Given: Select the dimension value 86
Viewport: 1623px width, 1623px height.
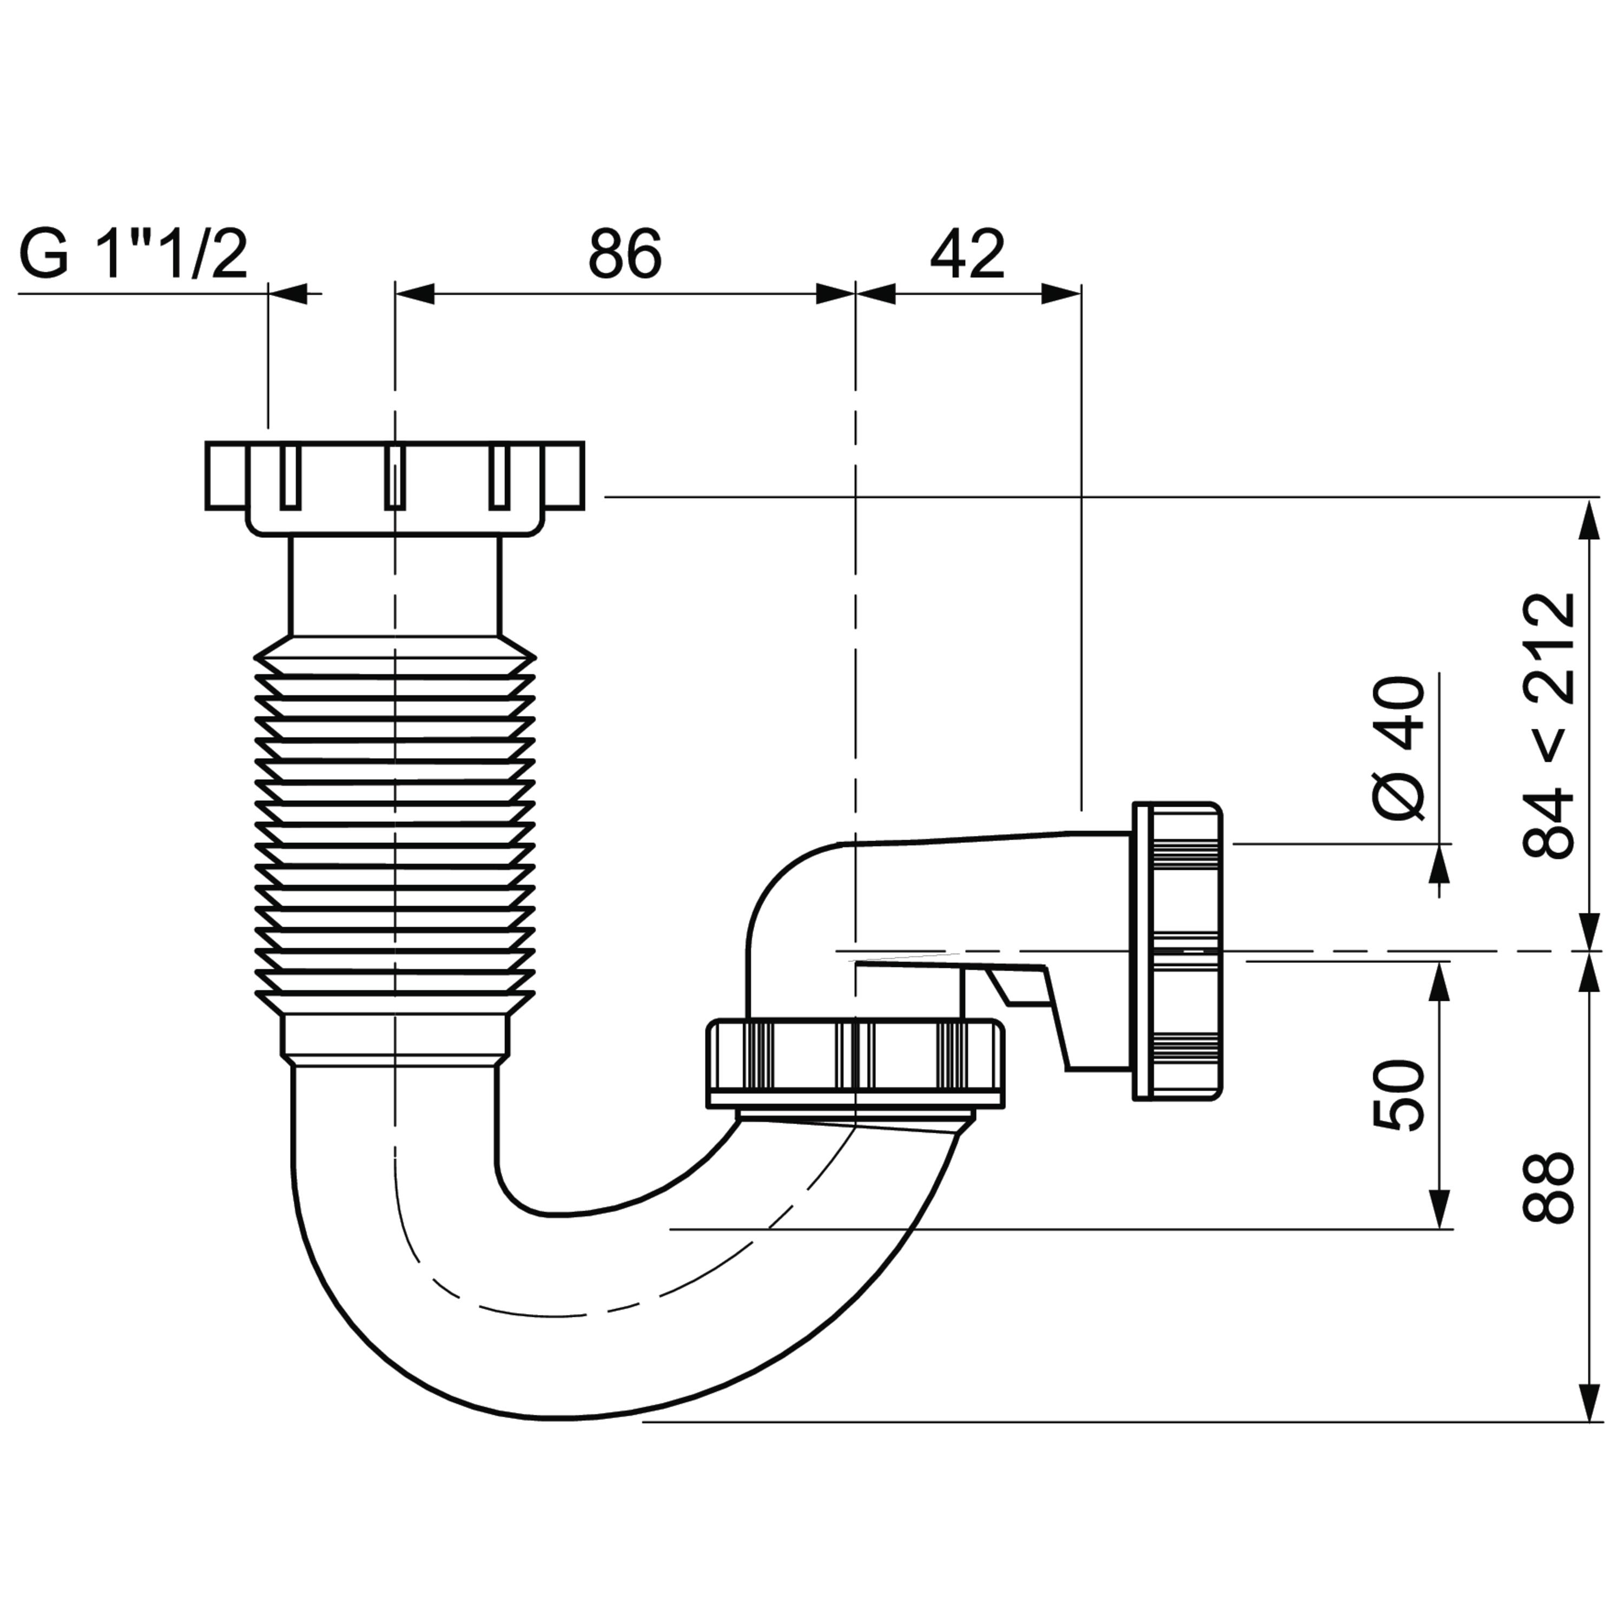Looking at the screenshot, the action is pyautogui.click(x=625, y=254).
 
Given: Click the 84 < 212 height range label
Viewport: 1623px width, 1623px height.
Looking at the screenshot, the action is pyautogui.click(x=1548, y=726).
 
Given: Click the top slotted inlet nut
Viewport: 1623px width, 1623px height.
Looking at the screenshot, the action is pyautogui.click(x=395, y=488).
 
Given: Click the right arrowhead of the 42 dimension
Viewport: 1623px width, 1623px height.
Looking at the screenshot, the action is pyautogui.click(x=1061, y=294).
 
